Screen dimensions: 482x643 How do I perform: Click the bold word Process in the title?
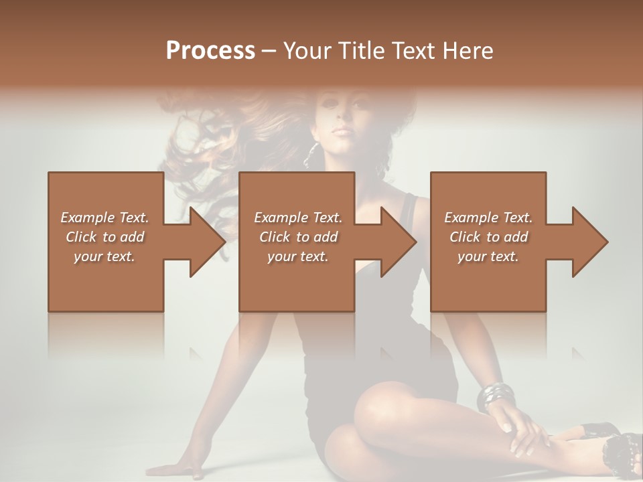click(x=210, y=50)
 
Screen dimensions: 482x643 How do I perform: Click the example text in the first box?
click(x=104, y=237)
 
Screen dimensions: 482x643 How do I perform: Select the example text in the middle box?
click(x=297, y=237)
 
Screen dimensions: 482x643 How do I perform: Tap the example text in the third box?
click(x=488, y=237)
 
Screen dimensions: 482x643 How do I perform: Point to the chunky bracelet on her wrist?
click(x=496, y=396)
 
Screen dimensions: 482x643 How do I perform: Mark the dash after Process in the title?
click(x=269, y=52)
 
